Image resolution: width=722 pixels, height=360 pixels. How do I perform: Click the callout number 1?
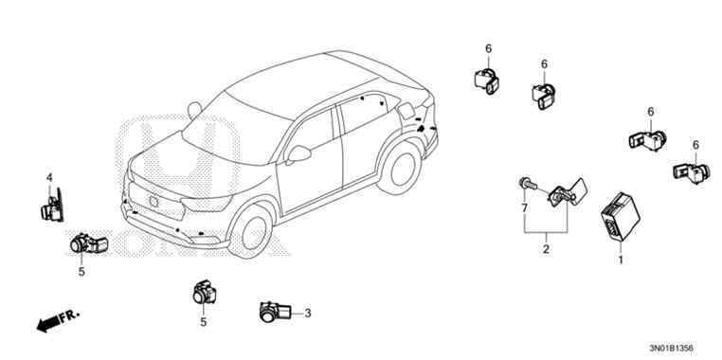click(x=621, y=258)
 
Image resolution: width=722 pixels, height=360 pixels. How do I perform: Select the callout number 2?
click(x=546, y=250)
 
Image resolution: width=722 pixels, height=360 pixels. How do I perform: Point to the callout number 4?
click(x=49, y=177)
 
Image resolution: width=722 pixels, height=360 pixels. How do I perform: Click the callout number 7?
click(x=523, y=206)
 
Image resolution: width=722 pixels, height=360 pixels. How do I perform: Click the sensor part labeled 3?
click(x=276, y=310)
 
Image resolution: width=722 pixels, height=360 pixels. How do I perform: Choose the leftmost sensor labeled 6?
click(x=487, y=79)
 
